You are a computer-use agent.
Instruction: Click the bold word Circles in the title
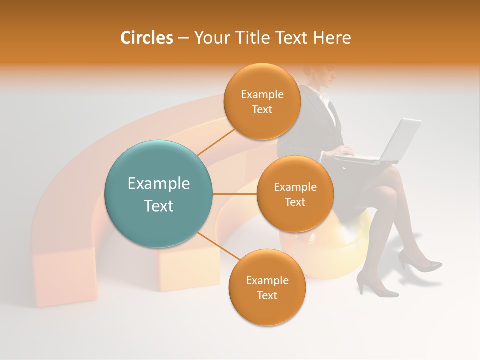[x=146, y=38]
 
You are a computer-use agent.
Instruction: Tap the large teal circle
[x=159, y=194]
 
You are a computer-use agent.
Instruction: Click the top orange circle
[x=262, y=101]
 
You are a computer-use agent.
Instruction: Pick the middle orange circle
[x=295, y=194]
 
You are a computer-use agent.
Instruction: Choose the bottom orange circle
[x=267, y=287]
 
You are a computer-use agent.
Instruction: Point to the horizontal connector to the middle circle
[x=235, y=194]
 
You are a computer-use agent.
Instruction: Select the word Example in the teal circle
[x=159, y=184]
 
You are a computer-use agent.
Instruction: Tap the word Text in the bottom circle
[x=267, y=295]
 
